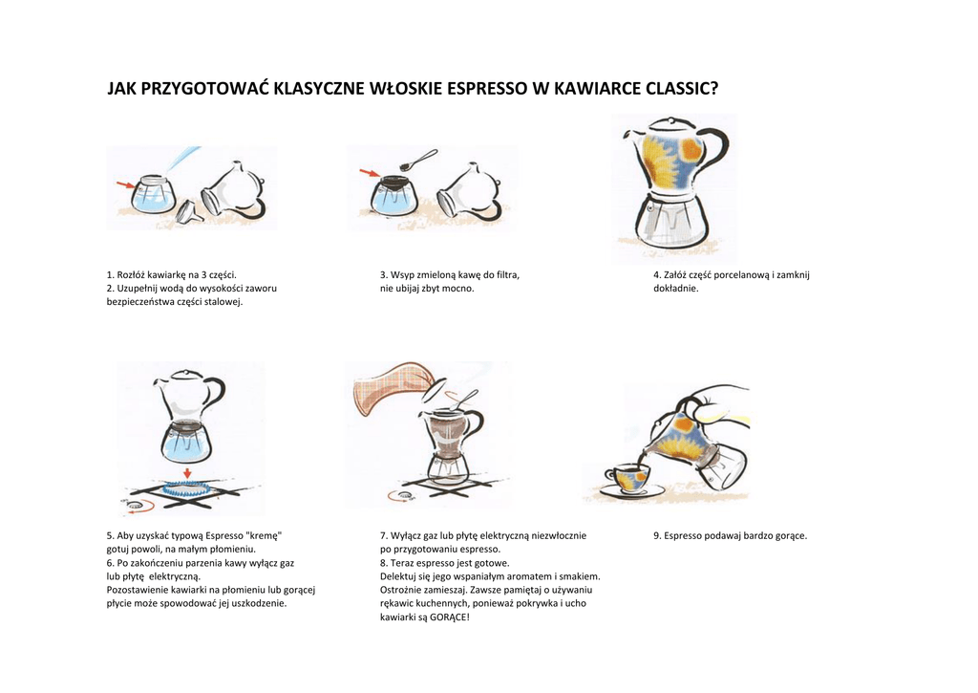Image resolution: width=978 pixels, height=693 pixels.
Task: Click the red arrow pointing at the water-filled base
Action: point(125,184)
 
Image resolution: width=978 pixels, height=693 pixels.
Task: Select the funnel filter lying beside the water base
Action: point(190,211)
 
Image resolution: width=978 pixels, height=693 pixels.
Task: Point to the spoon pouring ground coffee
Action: point(418,159)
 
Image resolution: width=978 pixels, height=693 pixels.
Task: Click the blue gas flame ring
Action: point(186,489)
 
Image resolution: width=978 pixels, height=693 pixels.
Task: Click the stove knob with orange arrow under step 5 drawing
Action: point(136,506)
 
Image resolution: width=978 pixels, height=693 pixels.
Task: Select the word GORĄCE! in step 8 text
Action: point(450,617)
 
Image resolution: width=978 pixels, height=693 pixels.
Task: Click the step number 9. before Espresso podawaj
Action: point(657,535)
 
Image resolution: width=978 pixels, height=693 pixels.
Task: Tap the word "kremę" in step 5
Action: point(265,535)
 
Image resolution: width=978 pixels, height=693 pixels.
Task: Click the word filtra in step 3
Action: point(507,274)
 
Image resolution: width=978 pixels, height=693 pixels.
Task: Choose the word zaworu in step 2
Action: point(263,289)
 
